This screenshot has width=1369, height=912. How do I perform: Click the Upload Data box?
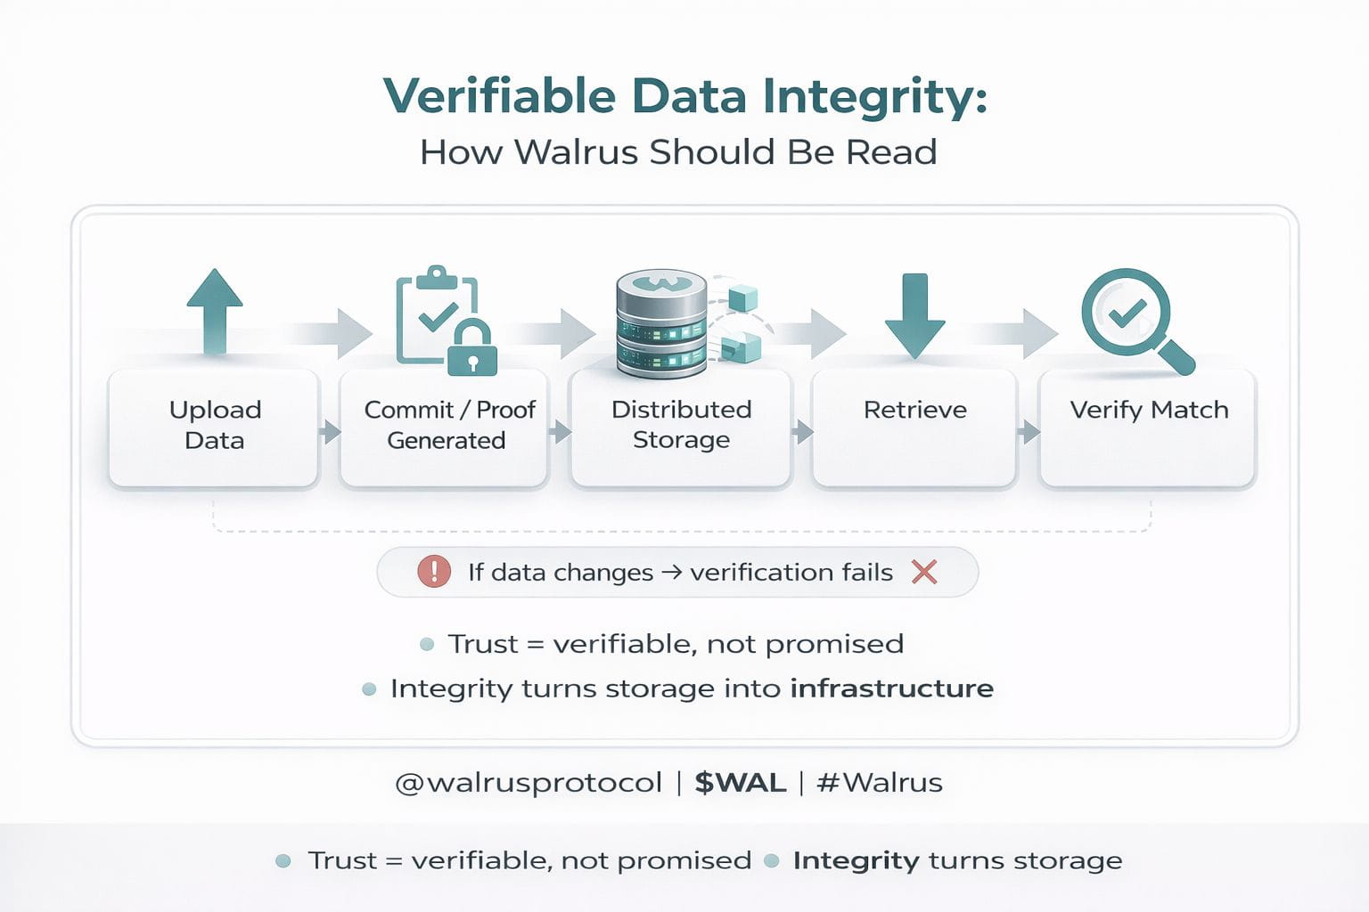214,427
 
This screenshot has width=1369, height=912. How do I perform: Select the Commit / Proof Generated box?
445,427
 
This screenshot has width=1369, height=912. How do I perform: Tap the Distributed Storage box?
681,427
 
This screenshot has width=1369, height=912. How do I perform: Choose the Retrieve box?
914,427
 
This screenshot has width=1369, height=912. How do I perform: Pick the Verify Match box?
1148,427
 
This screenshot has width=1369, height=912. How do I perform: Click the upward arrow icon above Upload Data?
215,311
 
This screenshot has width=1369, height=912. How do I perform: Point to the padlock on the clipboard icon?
472,347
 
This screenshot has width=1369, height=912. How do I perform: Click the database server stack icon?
661,322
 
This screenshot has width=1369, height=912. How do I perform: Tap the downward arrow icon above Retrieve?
915,314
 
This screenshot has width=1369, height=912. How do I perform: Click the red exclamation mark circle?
434,571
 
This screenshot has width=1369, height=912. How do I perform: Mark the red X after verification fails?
924,572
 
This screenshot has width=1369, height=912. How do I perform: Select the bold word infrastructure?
891,688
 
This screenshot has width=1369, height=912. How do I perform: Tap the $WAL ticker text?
740,783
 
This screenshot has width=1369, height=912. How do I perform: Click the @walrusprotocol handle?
529,783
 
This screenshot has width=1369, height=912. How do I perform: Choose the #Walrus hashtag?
879,783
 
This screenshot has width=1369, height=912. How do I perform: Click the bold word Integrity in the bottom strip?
856,860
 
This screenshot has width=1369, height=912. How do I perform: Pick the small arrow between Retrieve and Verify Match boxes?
1029,433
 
